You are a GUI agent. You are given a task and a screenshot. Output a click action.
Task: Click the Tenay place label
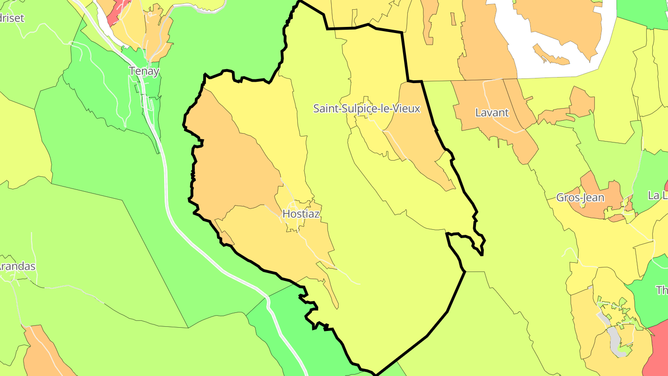point(144,71)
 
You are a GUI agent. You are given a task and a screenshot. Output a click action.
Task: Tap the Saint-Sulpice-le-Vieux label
point(366,109)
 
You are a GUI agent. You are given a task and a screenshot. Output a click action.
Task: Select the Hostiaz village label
point(301,214)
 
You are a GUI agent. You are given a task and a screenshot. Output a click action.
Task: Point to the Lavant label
point(492,113)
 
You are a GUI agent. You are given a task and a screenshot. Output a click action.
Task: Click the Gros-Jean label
point(580,198)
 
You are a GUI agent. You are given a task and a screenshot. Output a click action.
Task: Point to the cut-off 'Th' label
point(662,291)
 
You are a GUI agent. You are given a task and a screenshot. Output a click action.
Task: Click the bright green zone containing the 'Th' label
point(649,297)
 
